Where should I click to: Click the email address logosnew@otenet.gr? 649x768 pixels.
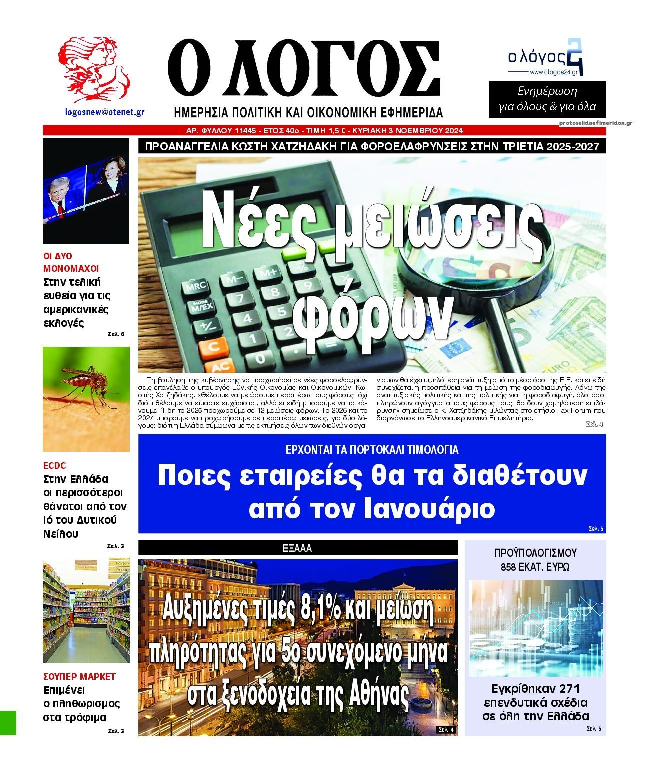(105, 112)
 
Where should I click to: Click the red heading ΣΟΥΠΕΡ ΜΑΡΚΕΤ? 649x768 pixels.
(80, 677)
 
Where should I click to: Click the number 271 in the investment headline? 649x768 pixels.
(569, 687)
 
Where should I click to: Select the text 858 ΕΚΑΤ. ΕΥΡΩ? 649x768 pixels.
(535, 567)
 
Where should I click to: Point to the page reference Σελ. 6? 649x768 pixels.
(116, 334)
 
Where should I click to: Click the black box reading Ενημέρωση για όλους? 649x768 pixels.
(547, 99)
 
